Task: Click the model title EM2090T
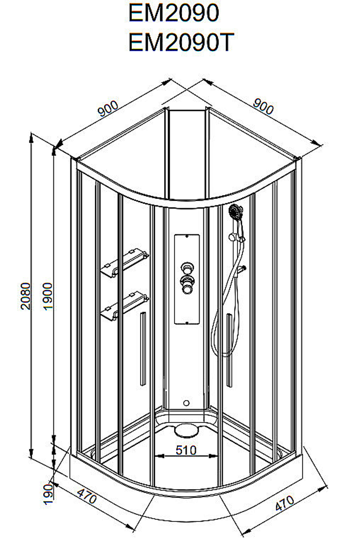(x=181, y=42)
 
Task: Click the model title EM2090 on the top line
(x=174, y=13)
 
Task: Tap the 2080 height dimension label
(x=26, y=296)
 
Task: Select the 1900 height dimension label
(x=48, y=296)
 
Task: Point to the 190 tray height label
(x=48, y=494)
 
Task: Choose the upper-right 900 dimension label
(x=263, y=106)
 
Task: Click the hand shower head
(x=235, y=211)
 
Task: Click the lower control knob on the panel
(x=188, y=285)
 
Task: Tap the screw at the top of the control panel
(x=187, y=236)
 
